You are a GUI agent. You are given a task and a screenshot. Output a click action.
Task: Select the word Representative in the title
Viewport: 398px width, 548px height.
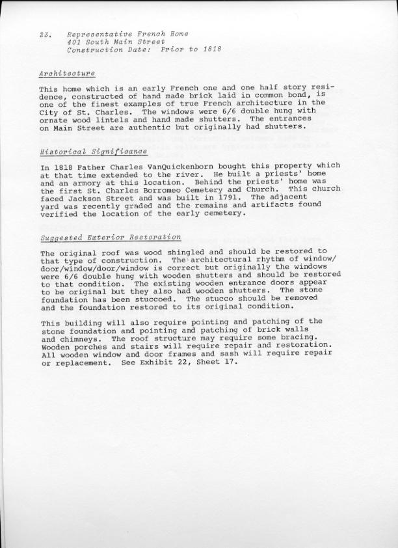pyautogui.click(x=98, y=34)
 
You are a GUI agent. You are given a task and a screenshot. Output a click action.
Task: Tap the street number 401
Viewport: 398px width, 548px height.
pyautogui.click(x=75, y=42)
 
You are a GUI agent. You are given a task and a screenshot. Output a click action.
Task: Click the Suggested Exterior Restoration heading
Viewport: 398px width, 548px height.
pyautogui.click(x=111, y=238)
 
